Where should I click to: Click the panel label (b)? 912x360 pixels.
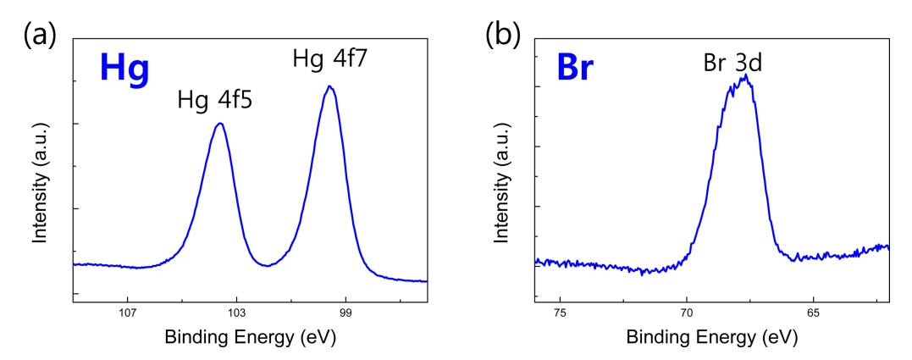click(x=501, y=36)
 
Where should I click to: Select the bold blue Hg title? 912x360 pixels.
click(x=124, y=69)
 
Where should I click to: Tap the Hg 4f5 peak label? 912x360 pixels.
click(x=215, y=101)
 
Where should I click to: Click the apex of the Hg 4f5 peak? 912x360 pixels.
click(x=220, y=124)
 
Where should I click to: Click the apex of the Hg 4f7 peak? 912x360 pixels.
click(x=329, y=86)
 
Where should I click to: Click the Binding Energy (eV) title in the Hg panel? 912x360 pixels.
click(x=250, y=337)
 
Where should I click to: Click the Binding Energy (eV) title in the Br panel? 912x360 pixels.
click(x=711, y=337)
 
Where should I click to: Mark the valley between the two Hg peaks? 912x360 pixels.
click(x=268, y=265)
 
